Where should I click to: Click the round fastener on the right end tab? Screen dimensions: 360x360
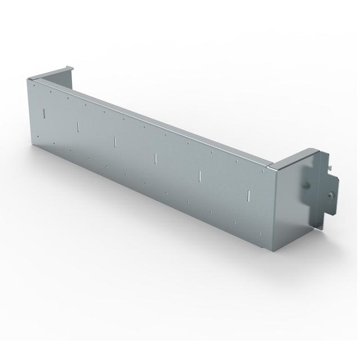pos(331,195)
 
